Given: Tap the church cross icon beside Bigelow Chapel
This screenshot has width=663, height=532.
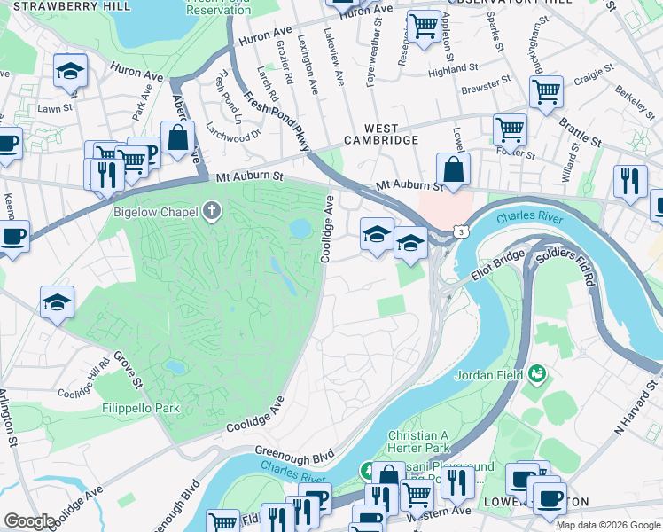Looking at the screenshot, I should coord(211,211).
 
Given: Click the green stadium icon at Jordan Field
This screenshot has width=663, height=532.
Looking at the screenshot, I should coord(537,374).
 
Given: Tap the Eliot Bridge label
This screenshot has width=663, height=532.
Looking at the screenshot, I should coord(493,267).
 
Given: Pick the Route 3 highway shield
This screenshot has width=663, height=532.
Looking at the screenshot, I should coord(461,231).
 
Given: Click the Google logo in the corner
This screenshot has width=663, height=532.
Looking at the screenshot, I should coord(29,521).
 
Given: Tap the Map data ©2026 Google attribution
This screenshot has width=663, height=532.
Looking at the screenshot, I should coord(608,525).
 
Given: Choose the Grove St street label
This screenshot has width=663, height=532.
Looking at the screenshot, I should coord(127,370).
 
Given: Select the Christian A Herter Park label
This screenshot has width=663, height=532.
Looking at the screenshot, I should coord(425,442).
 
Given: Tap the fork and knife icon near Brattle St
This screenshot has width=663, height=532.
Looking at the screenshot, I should coord(630,182).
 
